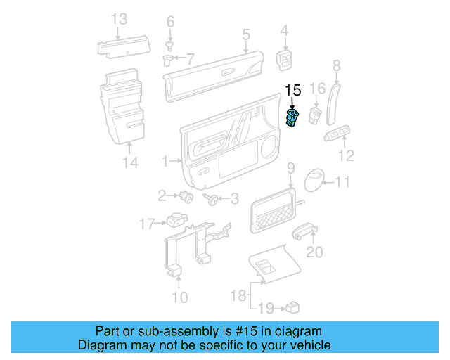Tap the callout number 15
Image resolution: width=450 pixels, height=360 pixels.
click(x=292, y=89)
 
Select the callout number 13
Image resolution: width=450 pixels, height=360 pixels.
click(x=120, y=19)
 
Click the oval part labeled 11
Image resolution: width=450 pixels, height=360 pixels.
click(x=315, y=181)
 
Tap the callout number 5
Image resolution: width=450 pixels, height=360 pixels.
click(x=246, y=34)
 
